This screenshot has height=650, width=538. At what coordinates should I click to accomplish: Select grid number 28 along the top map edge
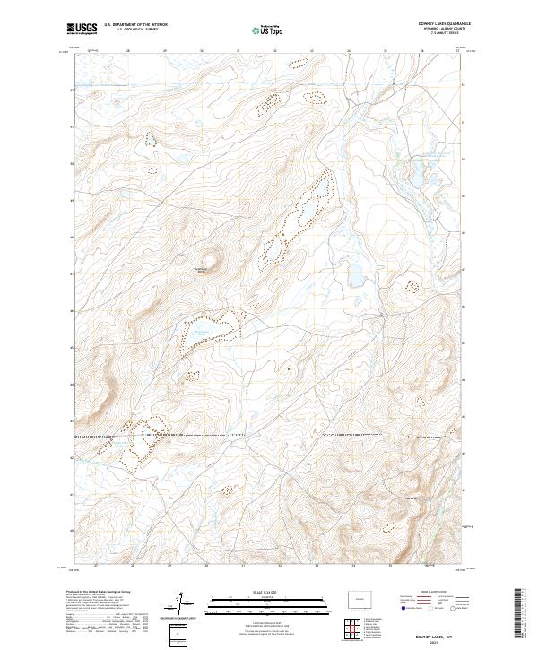133,51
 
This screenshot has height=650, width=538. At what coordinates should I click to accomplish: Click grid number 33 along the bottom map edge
317,567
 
